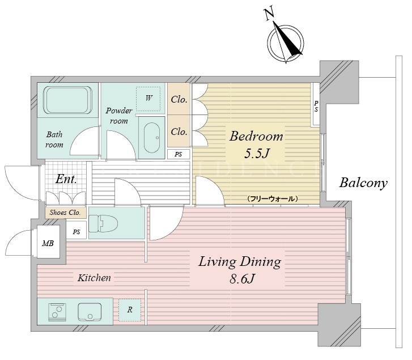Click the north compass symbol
tap(286, 43)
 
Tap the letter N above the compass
tap(269, 14)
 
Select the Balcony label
tap(363, 183)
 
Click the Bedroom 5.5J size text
tap(257, 154)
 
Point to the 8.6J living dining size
tap(242, 278)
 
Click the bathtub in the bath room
tap(68, 100)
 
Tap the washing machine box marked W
tap(148, 99)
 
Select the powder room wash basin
tap(152, 137)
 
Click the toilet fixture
tap(103, 223)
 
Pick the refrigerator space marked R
tap(130, 310)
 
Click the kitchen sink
tap(90, 312)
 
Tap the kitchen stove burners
tap(57, 312)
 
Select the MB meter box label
tap(48, 244)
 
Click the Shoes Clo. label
tap(65, 213)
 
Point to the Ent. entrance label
tap(66, 179)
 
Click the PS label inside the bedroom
tap(316, 106)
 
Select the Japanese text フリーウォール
tap(273, 199)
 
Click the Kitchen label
tap(94, 278)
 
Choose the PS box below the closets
tap(179, 154)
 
